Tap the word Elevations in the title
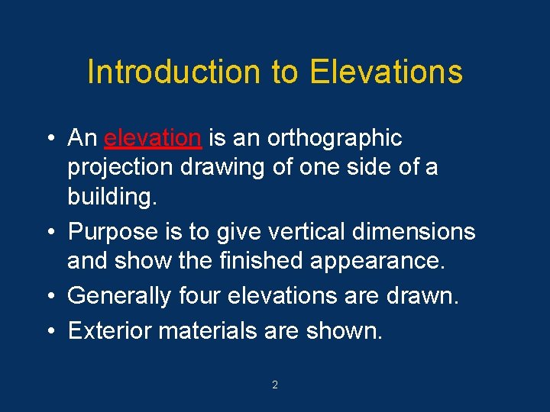[386, 72]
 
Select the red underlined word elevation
[153, 138]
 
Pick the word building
[112, 197]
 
